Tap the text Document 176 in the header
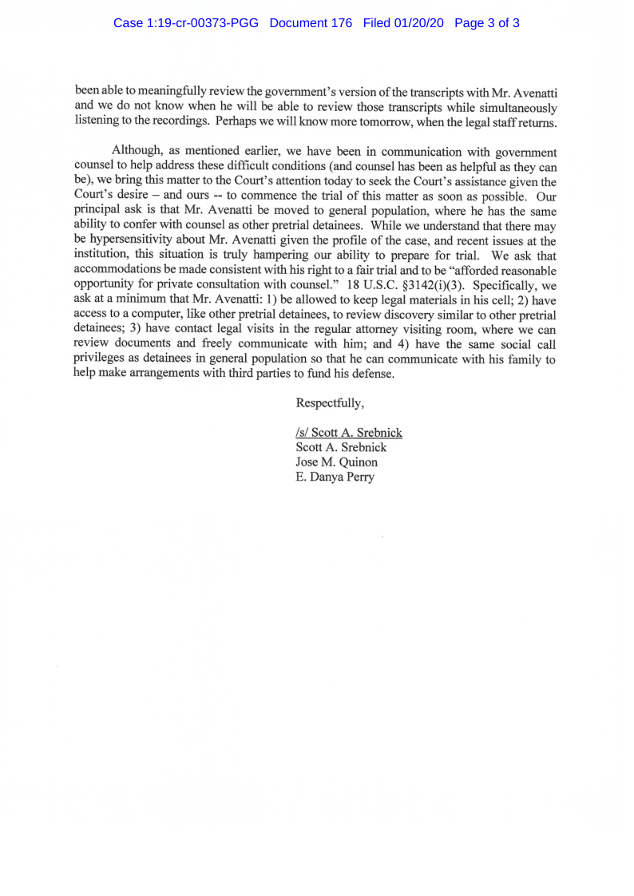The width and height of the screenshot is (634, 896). coord(311,23)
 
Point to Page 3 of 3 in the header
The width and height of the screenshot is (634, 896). coord(487,23)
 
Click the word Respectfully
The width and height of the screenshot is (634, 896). coord(330,402)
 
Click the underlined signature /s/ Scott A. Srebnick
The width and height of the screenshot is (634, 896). coord(349,433)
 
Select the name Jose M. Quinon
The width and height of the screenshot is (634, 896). coord(336,462)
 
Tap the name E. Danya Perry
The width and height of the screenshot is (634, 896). coord(335,478)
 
